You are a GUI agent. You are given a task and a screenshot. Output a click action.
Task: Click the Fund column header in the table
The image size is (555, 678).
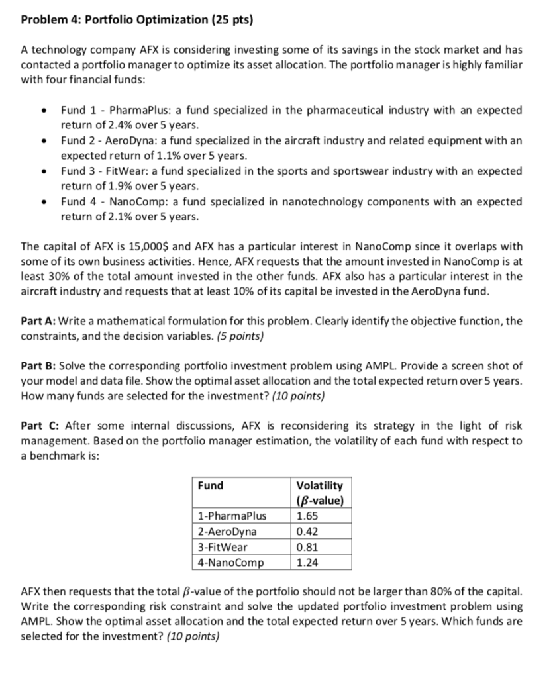click(x=211, y=485)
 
